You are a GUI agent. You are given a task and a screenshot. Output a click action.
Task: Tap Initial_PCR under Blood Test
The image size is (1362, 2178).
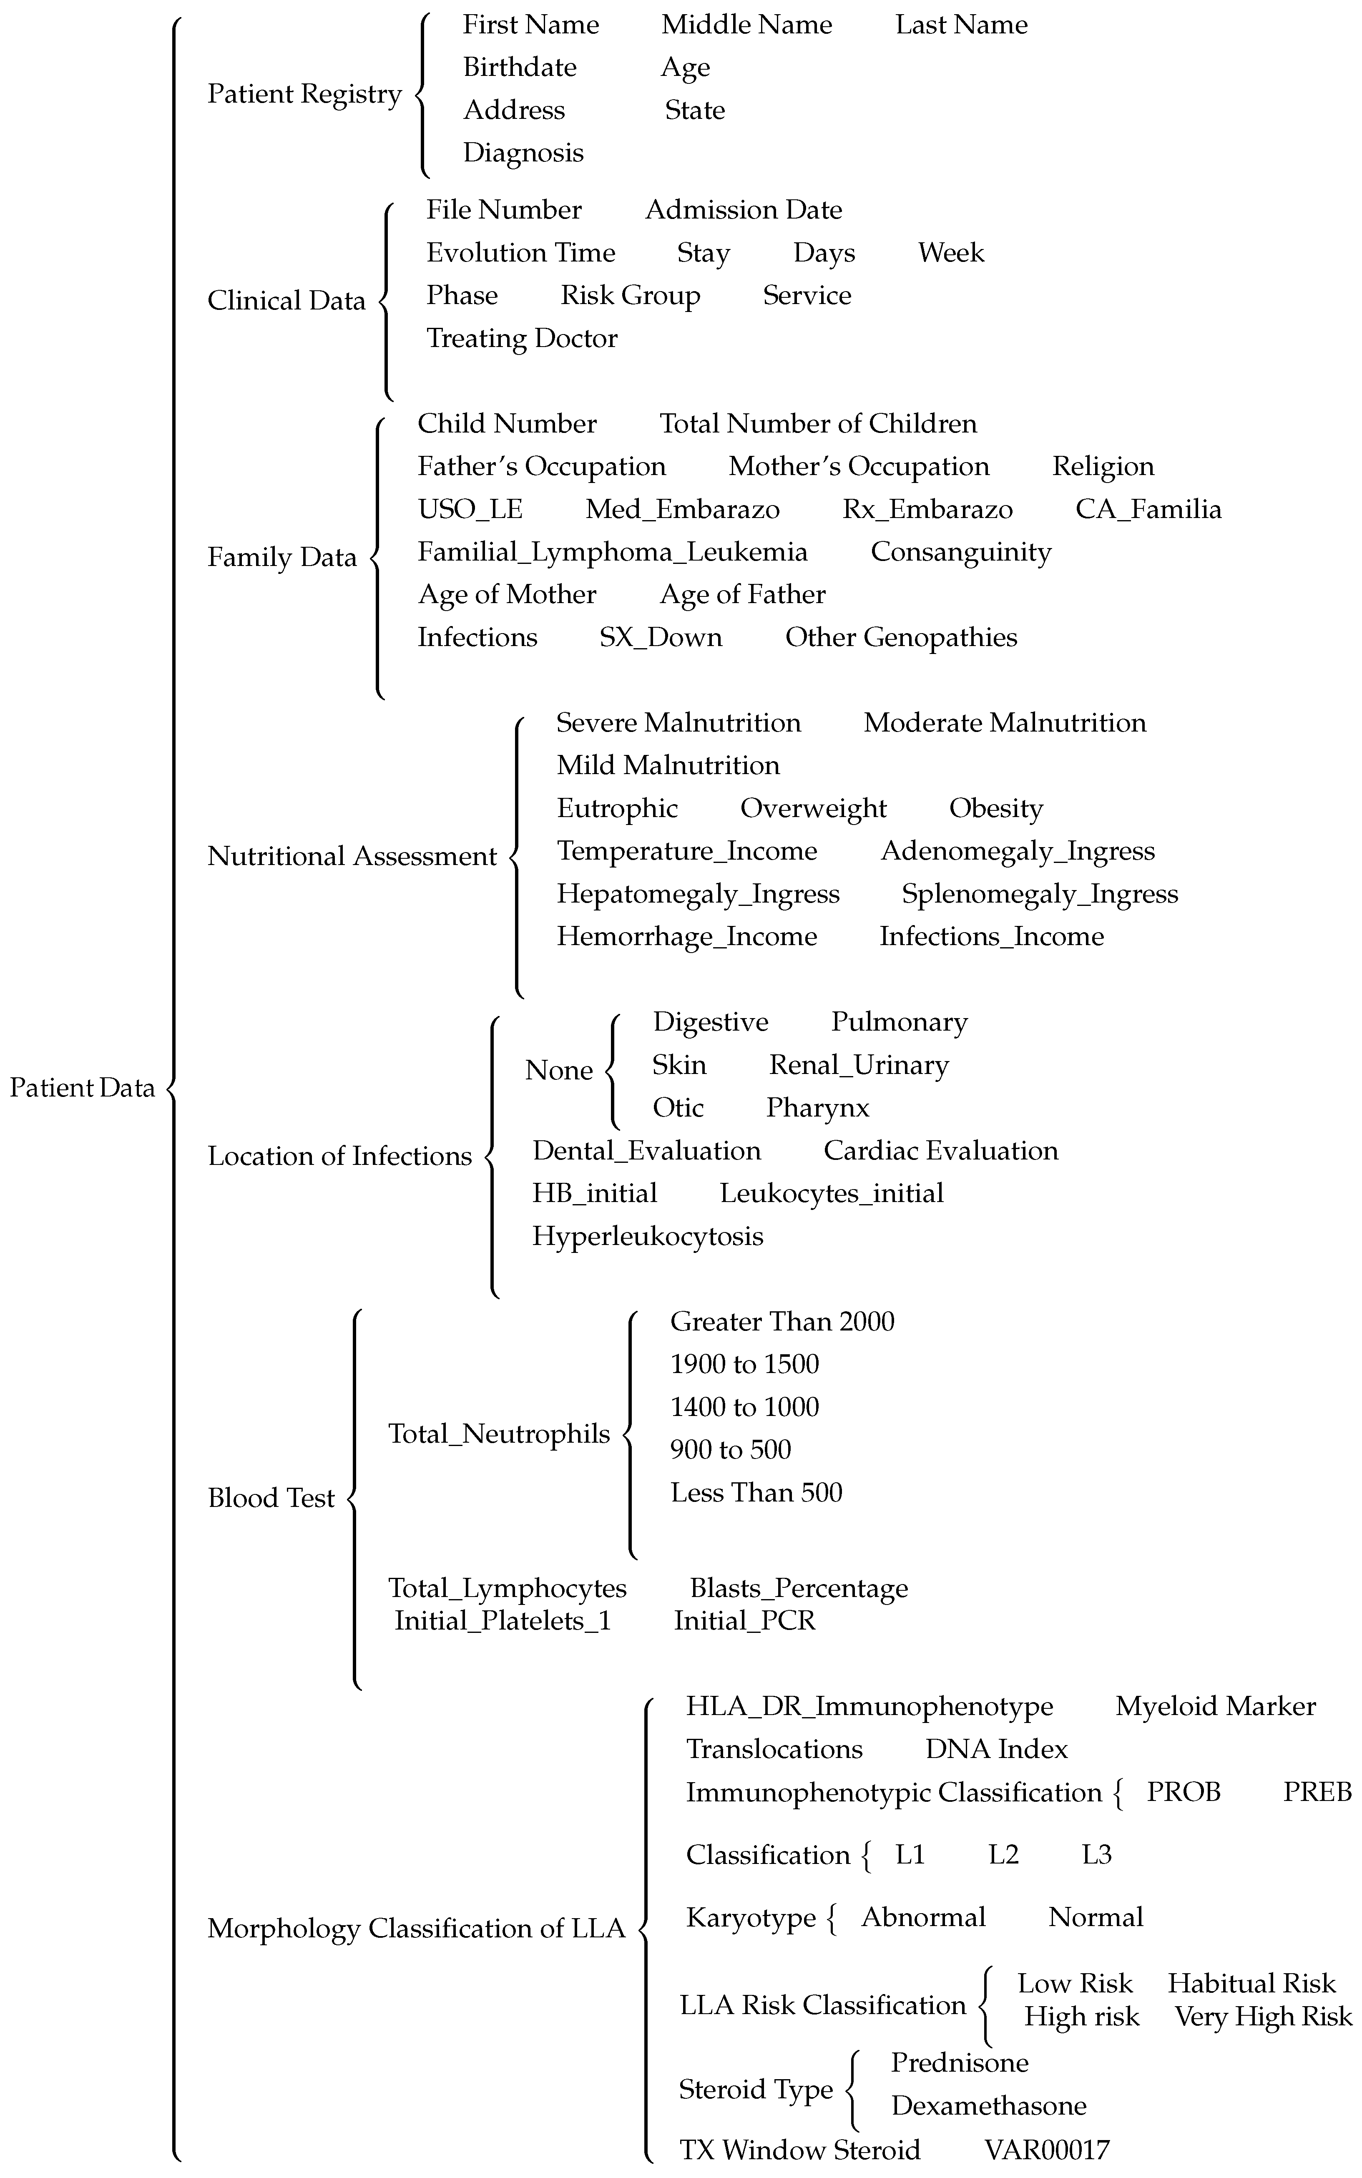tap(744, 1620)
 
